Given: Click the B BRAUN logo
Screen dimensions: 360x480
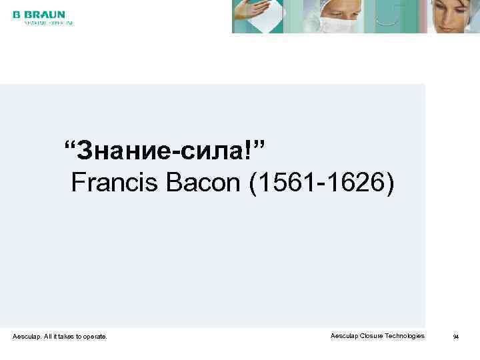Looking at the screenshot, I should point(39,15).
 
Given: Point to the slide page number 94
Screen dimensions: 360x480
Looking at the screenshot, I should point(456,337).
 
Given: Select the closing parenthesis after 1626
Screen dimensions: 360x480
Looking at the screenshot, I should point(389,182).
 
